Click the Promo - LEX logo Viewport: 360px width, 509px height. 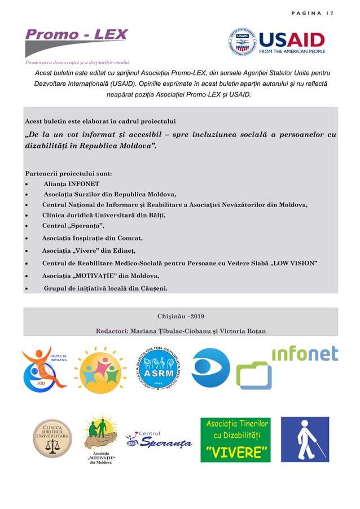(76, 38)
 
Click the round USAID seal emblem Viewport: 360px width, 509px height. (242, 42)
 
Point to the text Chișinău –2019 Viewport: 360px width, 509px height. (180, 315)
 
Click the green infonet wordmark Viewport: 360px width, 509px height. (305, 354)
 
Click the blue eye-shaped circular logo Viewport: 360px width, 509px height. (210, 368)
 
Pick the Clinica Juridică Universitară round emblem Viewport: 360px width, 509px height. (52, 438)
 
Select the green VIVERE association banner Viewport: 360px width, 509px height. (235, 440)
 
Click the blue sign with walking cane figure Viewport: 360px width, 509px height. (305, 440)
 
